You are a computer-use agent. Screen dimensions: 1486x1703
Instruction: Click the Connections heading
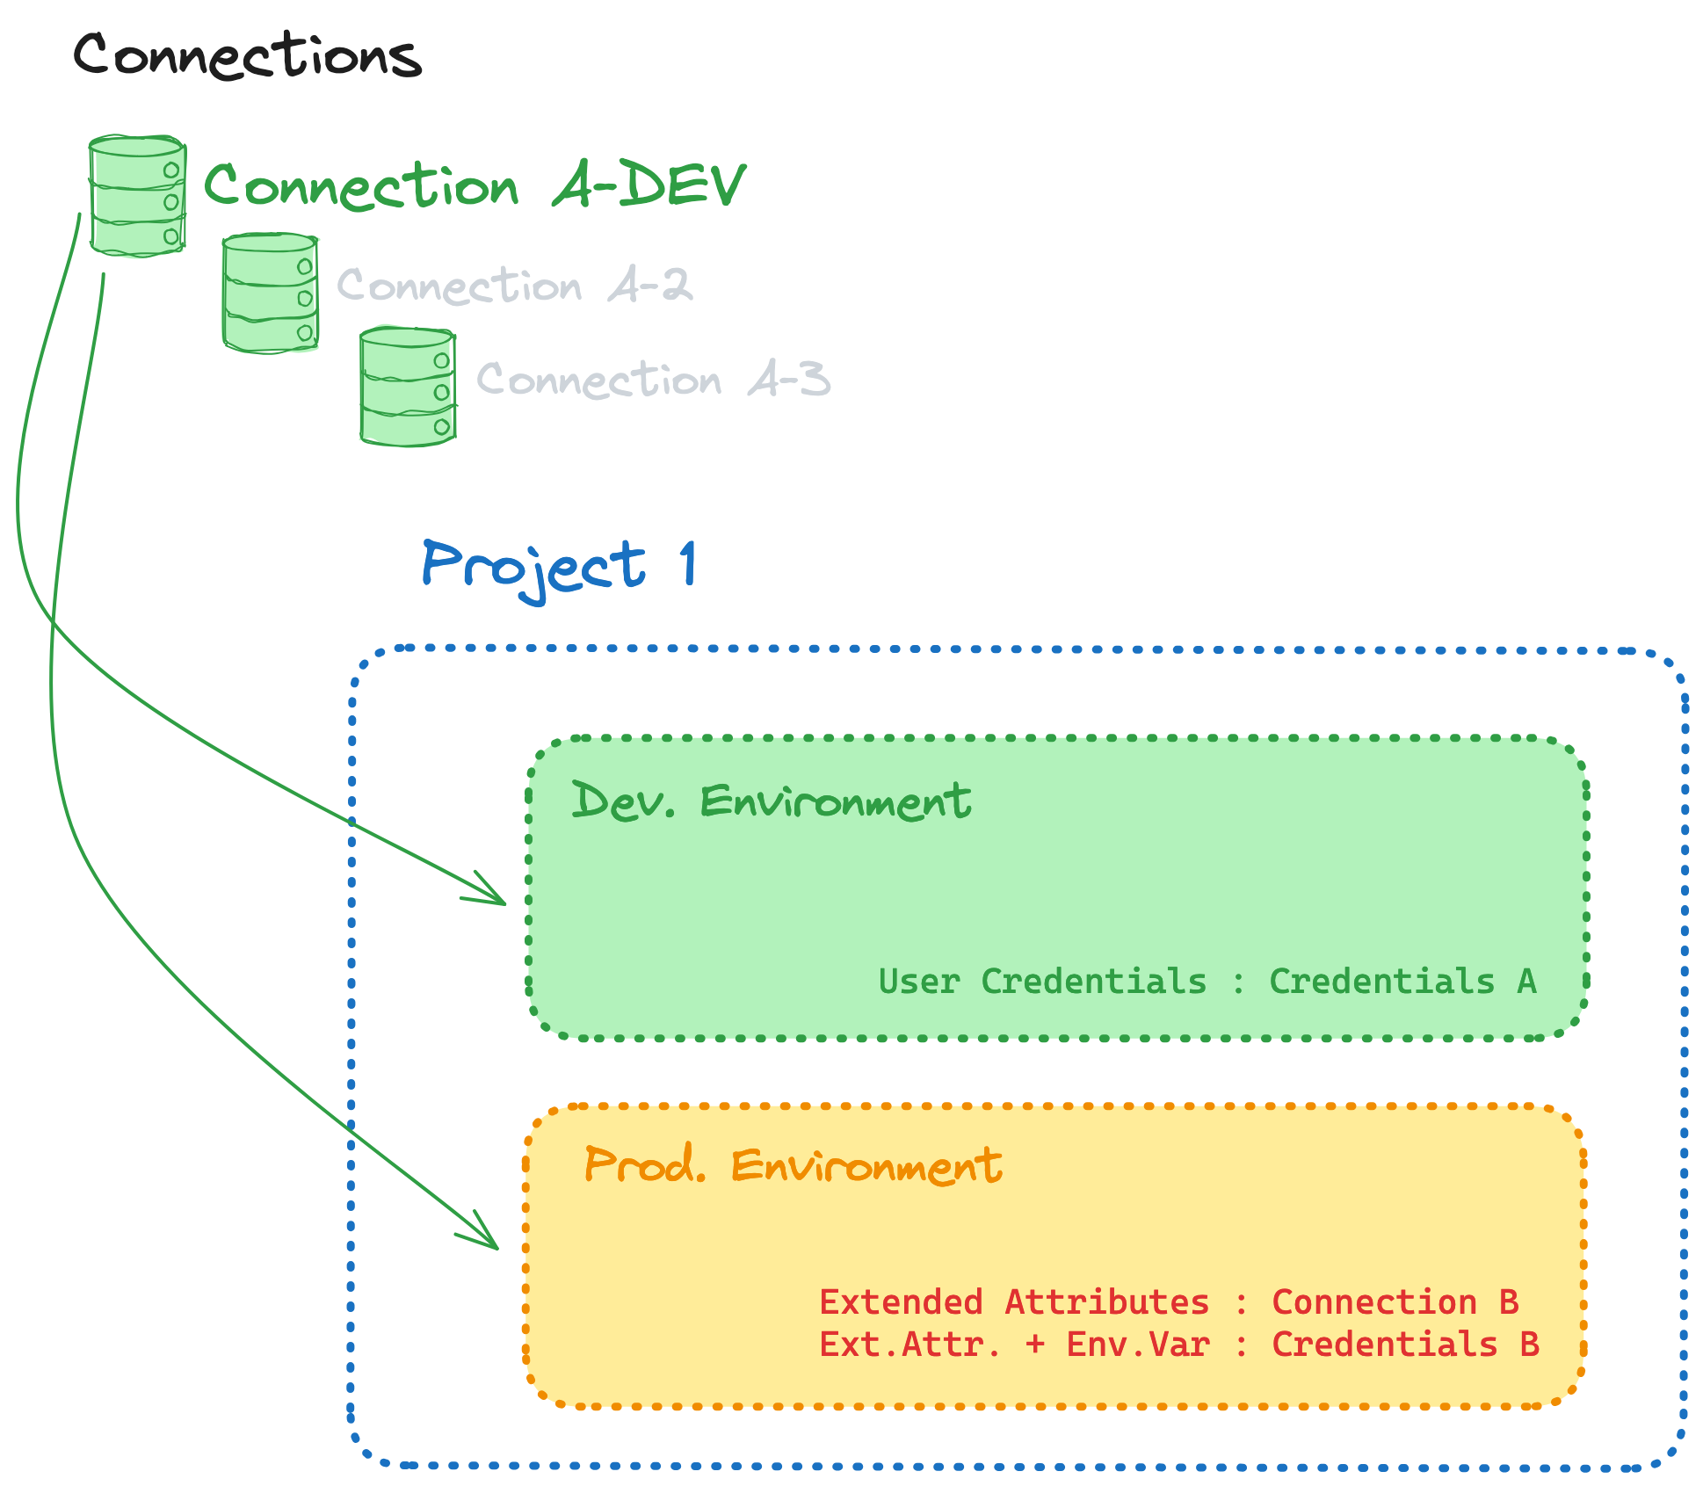247,54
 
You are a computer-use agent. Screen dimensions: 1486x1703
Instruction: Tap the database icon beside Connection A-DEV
138,196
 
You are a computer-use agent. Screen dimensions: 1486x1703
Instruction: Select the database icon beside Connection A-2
271,293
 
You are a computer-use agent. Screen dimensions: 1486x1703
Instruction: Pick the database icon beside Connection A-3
408,387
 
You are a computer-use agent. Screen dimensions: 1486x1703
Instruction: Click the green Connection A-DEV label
474,185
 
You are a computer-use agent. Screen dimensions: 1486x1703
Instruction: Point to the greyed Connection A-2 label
515,286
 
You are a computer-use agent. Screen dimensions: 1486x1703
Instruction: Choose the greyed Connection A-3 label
653,380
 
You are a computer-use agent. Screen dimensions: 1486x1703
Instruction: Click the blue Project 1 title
559,567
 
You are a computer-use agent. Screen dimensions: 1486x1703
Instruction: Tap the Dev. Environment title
771,801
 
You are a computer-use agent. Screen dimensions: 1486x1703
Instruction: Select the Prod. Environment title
793,1166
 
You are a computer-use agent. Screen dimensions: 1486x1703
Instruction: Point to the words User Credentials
1042,982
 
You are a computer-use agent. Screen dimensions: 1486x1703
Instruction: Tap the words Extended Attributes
1014,1302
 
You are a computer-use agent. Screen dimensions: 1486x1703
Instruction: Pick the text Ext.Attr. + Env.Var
1014,1345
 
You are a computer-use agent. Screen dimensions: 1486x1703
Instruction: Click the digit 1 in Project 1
688,563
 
